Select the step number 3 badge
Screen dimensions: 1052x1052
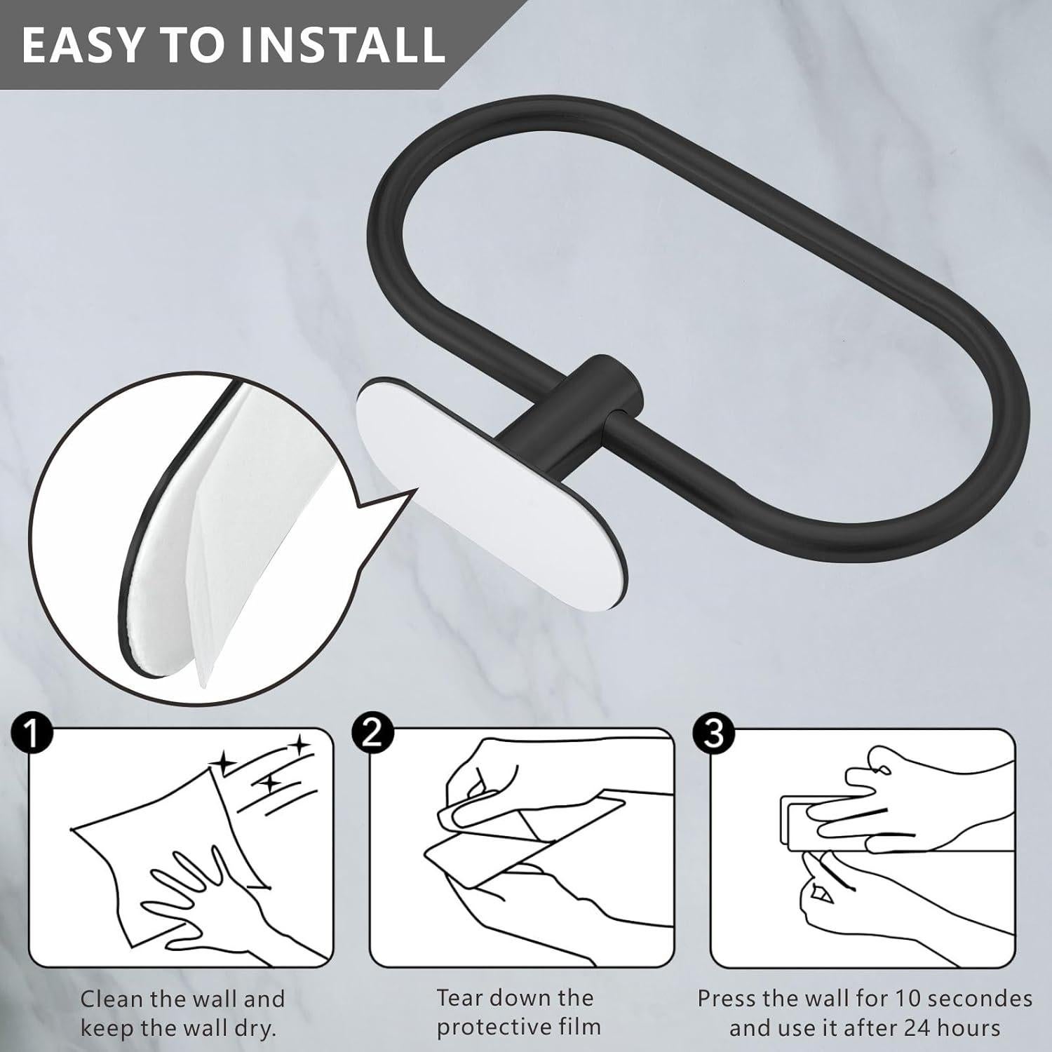pyautogui.click(x=713, y=734)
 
